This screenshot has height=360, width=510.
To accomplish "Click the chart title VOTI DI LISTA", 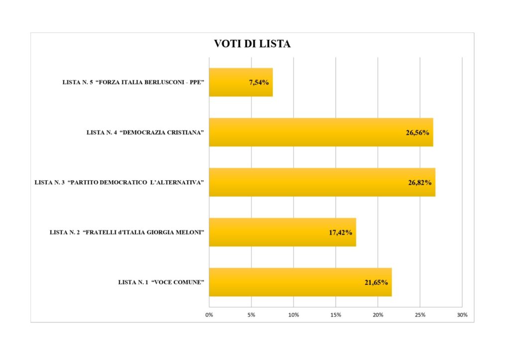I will pyautogui.click(x=252, y=44).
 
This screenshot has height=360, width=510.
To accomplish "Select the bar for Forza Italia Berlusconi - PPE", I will pyautogui.click(x=234, y=82).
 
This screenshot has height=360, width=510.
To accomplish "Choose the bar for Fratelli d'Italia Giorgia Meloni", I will pyautogui.click(x=269, y=232).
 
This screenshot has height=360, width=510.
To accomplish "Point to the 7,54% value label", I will pyautogui.click(x=259, y=82).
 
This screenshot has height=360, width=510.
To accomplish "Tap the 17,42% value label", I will pyautogui.click(x=341, y=233).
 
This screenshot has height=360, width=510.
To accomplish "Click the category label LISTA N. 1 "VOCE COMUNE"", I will pyautogui.click(x=162, y=282).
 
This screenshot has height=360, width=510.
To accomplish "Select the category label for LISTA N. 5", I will pyautogui.click(x=134, y=82).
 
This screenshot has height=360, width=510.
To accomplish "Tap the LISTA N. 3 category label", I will pyautogui.click(x=120, y=182).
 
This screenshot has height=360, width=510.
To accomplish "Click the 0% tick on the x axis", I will pyautogui.click(x=209, y=315).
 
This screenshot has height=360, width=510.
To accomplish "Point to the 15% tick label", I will pyautogui.click(x=336, y=315).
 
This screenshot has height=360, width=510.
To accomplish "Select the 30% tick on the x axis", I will pyautogui.click(x=462, y=315).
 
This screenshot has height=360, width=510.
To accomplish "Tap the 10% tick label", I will pyautogui.click(x=293, y=315).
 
